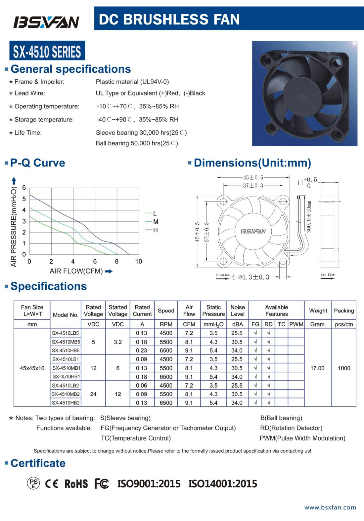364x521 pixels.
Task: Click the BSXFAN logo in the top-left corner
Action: [46, 22]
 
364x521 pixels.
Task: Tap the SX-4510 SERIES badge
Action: [47, 51]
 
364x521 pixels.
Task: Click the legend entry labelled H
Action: [155, 230]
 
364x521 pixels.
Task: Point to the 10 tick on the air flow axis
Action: [139, 261]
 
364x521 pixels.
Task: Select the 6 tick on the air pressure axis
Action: [24, 188]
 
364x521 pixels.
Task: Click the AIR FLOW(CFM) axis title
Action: [76, 271]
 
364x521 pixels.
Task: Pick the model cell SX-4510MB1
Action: [66, 368]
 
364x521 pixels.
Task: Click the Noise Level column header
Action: [238, 311]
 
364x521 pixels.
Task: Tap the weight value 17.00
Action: [317, 368]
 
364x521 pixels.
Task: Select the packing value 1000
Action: [344, 368]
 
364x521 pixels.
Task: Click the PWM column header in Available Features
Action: [296, 324]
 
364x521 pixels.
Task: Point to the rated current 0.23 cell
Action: [142, 351]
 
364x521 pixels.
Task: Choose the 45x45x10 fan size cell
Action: [32, 368]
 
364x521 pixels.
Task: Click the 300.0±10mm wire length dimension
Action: [309, 217]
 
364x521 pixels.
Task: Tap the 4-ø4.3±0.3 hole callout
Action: [250, 277]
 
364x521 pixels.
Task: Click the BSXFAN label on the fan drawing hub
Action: [253, 231]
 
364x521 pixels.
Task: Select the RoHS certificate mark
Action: [76, 484]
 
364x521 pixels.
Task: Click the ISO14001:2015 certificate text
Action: [223, 484]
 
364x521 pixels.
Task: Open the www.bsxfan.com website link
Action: [330, 507]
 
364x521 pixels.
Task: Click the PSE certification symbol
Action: [33, 483]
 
